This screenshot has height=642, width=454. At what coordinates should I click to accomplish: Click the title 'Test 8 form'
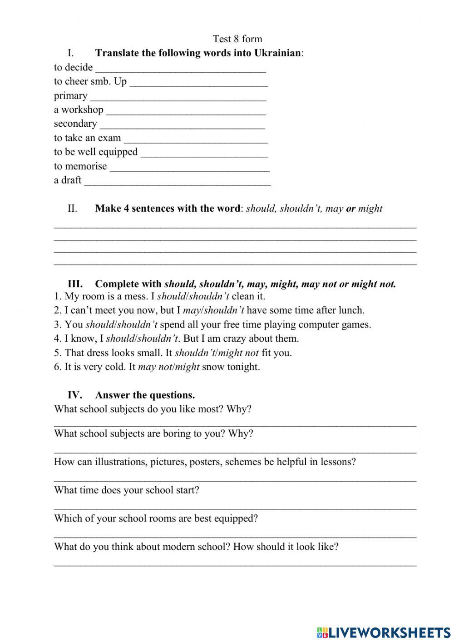click(x=237, y=39)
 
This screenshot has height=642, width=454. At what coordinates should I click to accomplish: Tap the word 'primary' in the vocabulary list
click(x=70, y=96)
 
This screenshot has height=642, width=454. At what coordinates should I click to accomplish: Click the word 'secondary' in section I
click(x=75, y=124)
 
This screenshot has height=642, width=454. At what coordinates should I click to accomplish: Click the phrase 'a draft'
click(x=68, y=180)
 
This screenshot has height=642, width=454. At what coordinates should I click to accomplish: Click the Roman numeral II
click(x=73, y=209)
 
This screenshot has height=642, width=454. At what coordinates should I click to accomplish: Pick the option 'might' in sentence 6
click(x=187, y=367)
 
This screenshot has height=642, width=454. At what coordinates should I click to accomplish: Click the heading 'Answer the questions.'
click(x=145, y=395)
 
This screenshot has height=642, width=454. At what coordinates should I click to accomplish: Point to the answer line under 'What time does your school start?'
click(x=235, y=507)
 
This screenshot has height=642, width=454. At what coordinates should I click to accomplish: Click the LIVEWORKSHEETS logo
click(x=384, y=632)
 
